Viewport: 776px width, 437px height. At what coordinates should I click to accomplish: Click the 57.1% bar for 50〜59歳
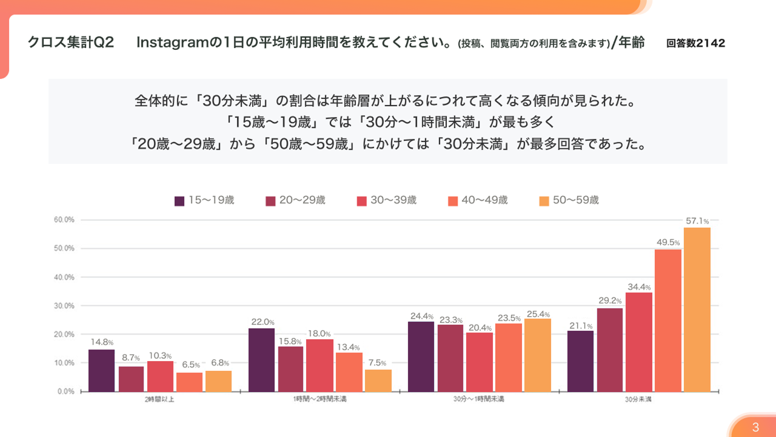[x=697, y=310]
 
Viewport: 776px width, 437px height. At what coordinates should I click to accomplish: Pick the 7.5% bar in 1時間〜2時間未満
[x=378, y=381]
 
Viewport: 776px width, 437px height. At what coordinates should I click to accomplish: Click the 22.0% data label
[x=262, y=322]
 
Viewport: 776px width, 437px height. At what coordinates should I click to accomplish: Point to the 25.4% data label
[x=538, y=314]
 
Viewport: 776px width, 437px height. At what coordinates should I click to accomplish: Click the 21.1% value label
[x=580, y=326]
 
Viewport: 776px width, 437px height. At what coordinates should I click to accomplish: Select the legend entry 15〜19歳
[x=204, y=200]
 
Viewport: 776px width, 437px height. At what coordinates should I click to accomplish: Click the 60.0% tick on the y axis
[x=64, y=220]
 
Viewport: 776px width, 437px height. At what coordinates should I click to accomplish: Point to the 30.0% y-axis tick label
[x=64, y=305]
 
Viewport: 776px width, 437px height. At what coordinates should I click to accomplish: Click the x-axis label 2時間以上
[x=160, y=400]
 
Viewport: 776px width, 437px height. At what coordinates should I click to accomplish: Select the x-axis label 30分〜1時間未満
[x=479, y=400]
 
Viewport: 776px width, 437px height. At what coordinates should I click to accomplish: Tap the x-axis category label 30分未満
[x=638, y=400]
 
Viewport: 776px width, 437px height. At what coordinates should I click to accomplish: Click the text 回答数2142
[x=695, y=43]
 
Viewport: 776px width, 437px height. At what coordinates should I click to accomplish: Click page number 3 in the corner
[x=755, y=427]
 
